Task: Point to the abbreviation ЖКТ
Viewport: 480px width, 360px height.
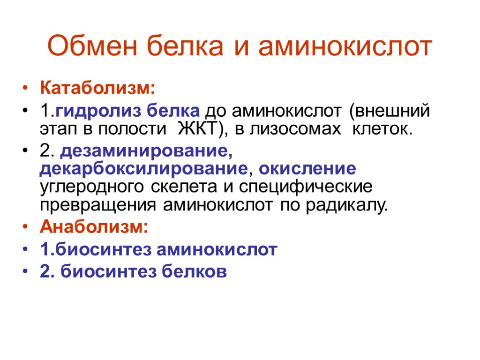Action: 196,129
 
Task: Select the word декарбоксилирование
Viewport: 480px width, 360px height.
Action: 143,169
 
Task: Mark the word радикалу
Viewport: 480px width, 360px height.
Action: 347,204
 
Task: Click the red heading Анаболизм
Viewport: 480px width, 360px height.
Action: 94,227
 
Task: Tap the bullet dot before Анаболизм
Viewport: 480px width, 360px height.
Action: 25,228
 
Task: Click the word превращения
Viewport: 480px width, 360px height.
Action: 99,204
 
